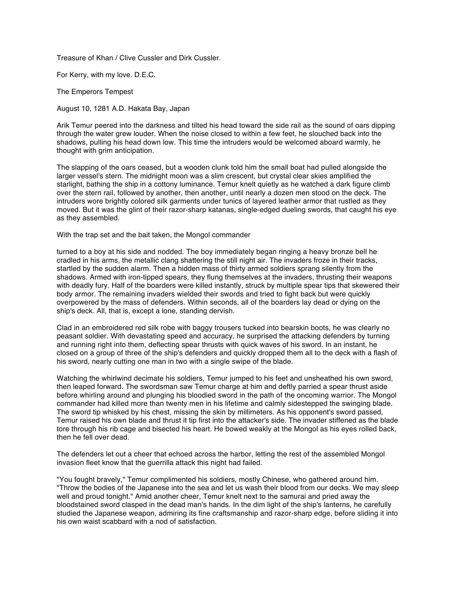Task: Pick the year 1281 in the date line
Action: click(101, 108)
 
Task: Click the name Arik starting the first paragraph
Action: click(64, 126)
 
